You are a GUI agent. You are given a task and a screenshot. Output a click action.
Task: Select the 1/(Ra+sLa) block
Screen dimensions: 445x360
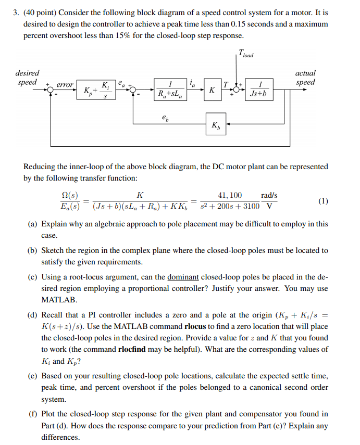point(171,89)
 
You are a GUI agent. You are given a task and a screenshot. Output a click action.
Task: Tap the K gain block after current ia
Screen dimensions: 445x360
point(212,90)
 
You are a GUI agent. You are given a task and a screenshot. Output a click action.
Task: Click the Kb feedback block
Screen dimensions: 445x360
point(216,124)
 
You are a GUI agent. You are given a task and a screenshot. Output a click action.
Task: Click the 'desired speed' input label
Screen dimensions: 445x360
point(27,78)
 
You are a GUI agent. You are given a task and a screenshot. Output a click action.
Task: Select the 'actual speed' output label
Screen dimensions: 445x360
point(305,78)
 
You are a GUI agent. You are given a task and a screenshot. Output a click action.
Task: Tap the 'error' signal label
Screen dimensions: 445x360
point(65,84)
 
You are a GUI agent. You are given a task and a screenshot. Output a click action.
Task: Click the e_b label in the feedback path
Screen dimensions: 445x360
point(165,118)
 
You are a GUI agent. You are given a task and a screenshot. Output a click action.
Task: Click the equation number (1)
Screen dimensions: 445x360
point(323,201)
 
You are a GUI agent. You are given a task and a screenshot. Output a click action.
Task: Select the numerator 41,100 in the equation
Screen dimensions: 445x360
point(230,195)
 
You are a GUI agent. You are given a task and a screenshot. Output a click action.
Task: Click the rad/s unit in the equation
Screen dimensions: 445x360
point(269,195)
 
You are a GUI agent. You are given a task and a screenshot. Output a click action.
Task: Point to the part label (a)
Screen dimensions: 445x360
point(32,224)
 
